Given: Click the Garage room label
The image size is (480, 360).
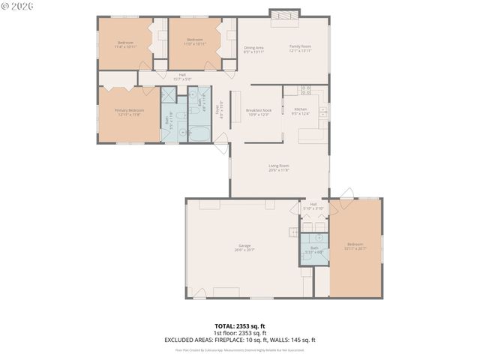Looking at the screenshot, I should pyautogui.click(x=244, y=246).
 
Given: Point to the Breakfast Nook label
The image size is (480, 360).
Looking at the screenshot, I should pyautogui.click(x=259, y=112).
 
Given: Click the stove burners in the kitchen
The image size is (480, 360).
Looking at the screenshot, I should pyautogui.click(x=306, y=90).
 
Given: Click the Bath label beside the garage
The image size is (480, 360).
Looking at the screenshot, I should pyautogui.click(x=315, y=249).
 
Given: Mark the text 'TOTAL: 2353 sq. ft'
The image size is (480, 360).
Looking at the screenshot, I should pyautogui.click(x=239, y=326).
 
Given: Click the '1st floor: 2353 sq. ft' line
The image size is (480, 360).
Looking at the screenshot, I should pyautogui.click(x=240, y=333).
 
